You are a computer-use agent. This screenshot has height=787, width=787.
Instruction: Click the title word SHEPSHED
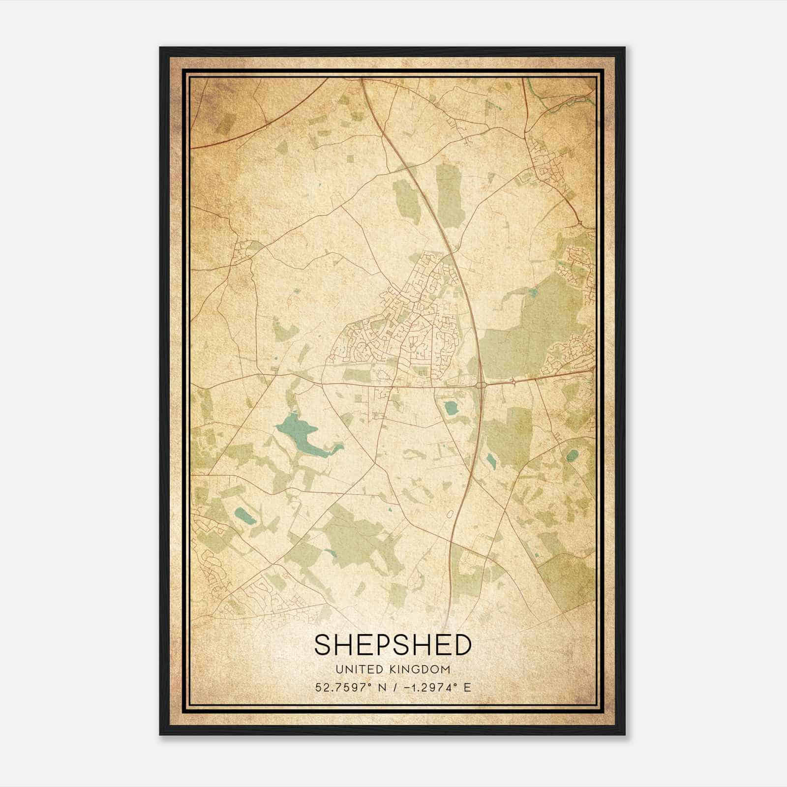tap(393, 644)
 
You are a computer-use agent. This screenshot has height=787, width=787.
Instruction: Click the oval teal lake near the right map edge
tap(572, 455)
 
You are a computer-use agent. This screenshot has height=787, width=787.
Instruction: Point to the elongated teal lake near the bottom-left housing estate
tap(244, 516)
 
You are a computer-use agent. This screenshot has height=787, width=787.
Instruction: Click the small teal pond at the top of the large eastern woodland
tap(533, 294)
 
